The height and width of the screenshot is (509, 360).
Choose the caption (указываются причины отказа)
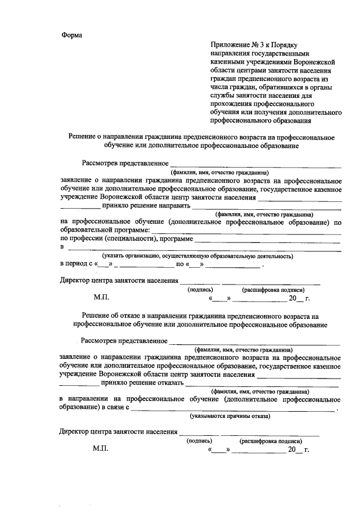pyautogui.click(x=229, y=416)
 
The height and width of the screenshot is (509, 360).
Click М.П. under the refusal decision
pyautogui.click(x=102, y=450)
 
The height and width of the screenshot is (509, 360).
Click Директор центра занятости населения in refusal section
pyautogui.click(x=118, y=432)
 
